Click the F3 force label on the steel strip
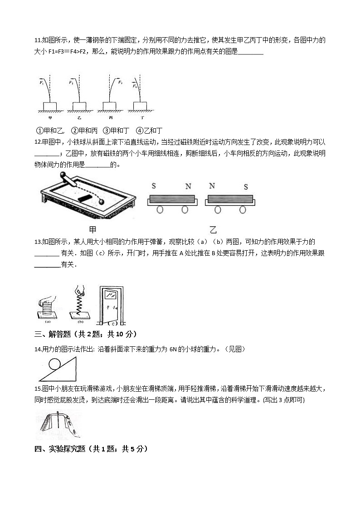[x=120, y=82]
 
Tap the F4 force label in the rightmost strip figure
[x=134, y=85]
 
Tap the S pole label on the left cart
[x=154, y=186]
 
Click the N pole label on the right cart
[x=212, y=186]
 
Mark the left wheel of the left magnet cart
[x=160, y=210]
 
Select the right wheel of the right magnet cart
[x=243, y=210]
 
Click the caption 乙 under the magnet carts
[x=213, y=229]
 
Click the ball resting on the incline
[x=55, y=365]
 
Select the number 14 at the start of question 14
[x=38, y=349]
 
